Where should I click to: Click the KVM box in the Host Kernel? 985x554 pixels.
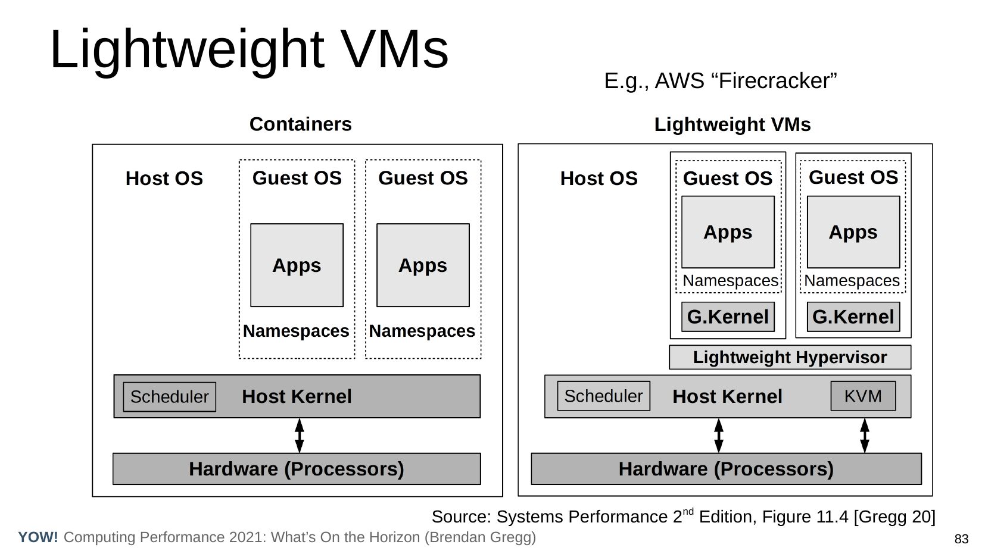862,396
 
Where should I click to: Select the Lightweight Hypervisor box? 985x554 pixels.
790,357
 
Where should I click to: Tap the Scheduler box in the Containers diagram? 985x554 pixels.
169,397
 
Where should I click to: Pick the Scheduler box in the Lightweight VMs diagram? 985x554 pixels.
603,396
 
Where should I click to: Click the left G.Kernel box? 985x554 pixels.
728,317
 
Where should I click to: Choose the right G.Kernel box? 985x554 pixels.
853,317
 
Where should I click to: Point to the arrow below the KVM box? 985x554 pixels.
865,436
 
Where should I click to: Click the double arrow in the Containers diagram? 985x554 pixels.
300,436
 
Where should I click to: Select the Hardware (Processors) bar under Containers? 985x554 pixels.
297,469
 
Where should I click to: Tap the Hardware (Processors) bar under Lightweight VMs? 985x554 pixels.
726,469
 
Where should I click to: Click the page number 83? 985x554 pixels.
961,540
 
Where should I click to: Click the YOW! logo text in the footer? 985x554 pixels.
38,537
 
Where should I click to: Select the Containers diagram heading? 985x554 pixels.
300,124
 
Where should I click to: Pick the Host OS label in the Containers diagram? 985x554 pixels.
164,179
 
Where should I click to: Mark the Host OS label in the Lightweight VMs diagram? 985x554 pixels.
599,179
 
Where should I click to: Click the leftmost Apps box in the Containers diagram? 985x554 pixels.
297,265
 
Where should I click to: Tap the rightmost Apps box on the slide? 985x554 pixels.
853,232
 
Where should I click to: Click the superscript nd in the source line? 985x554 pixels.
688,511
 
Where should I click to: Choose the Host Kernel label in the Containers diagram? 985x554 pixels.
297,396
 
